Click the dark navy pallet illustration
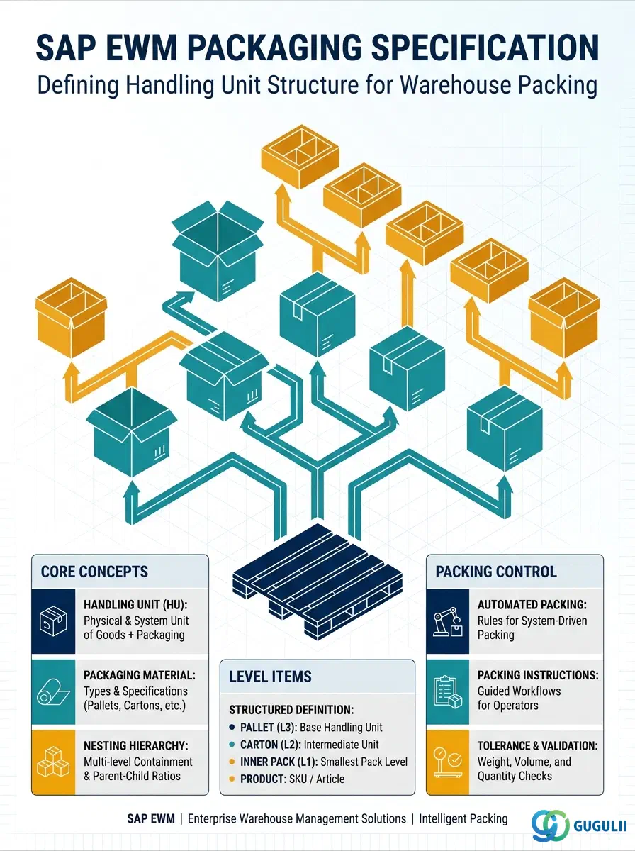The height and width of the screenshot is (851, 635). coord(317,582)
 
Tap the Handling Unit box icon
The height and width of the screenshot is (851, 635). coord(53,621)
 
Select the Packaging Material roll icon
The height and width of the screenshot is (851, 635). coord(53,692)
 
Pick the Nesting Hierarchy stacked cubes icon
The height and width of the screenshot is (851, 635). coord(53,762)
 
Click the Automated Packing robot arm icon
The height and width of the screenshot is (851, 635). coord(448,622)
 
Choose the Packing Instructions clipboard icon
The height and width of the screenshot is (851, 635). coord(448,692)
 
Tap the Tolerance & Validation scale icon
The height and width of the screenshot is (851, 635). coord(448,762)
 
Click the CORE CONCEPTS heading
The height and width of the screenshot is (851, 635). coord(94,572)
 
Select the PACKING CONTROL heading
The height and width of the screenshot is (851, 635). coord(496,572)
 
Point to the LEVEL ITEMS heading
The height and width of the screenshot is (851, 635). coord(270,677)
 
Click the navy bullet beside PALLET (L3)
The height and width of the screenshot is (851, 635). coord(232,728)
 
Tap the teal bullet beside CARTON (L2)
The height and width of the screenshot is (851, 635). coord(232,745)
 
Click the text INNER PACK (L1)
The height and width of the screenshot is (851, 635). coord(279,762)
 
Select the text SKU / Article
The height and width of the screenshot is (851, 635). coord(317,779)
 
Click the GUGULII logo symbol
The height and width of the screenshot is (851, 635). coord(550,825)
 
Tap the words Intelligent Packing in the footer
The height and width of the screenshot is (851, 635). coord(463,819)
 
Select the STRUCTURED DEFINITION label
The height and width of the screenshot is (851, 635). coord(291,710)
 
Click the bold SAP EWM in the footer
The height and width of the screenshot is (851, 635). coord(151,819)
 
